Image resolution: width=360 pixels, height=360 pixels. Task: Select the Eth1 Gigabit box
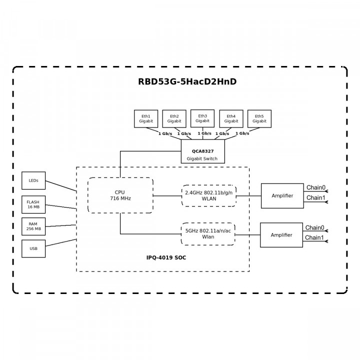pos(146,118)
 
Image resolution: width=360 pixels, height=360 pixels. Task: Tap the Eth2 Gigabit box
pos(174,118)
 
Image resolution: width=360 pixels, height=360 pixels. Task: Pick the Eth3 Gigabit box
pos(202,118)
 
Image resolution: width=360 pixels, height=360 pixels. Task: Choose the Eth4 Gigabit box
pos(231,118)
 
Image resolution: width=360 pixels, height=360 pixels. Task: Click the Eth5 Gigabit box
pos(259,118)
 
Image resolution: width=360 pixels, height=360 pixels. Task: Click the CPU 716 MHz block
pos(120,195)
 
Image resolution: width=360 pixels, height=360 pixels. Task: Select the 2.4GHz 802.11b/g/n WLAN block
pos(208,195)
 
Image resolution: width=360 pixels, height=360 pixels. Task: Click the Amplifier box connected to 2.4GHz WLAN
pos(282,195)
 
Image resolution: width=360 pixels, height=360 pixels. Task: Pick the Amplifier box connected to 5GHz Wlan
pos(281,235)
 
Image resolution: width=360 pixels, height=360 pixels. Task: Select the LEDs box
pos(34,180)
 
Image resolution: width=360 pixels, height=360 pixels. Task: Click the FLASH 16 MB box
pos(34,203)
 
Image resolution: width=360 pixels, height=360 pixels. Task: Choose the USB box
pos(34,248)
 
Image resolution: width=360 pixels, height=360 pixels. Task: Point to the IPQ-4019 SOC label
pos(162,257)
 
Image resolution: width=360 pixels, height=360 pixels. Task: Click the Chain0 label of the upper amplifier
pos(315,188)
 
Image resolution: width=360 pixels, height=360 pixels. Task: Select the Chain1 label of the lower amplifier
pos(314,237)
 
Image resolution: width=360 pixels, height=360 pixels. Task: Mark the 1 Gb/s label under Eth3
pos(204,133)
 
